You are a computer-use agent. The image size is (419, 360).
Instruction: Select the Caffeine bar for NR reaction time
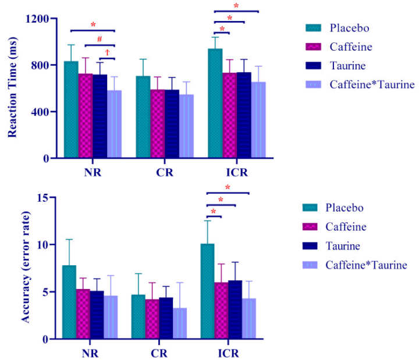click(x=85, y=116)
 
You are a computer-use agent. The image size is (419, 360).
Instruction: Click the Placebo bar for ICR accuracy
click(x=215, y=291)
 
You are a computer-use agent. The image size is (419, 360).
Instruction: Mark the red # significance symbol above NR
click(x=100, y=40)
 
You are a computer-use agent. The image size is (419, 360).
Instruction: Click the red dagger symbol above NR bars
click(x=107, y=52)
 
